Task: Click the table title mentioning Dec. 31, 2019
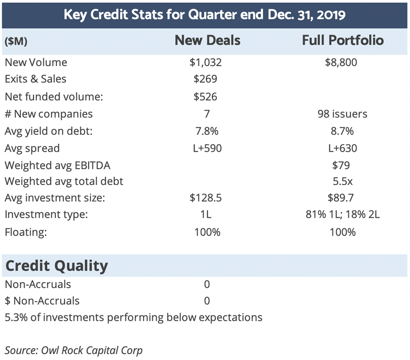pos(205,14)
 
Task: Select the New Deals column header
pos(207,40)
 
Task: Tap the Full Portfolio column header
pos(343,40)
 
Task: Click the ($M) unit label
pos(16,41)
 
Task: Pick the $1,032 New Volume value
pos(205,62)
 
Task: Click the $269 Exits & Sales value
pos(205,79)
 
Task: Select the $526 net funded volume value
pos(205,96)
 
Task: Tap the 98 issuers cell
pos(343,113)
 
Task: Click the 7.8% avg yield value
pos(206,131)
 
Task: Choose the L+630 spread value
pos(342,148)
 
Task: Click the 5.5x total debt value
pos(342,181)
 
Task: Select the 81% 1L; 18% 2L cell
pos(343,215)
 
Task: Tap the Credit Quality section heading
pos(56,266)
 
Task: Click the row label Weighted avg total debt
pos(64,181)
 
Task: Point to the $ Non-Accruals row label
pos(42,301)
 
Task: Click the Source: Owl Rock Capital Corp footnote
pos(73,350)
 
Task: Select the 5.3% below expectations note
pos(133,317)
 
